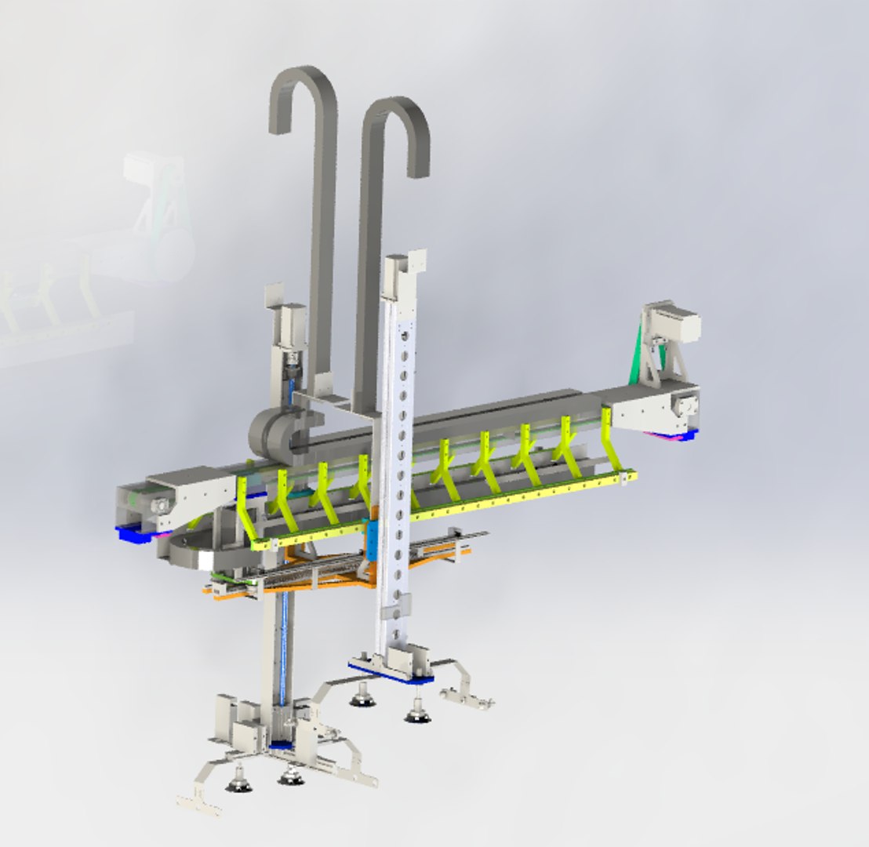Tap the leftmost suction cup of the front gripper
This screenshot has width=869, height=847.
(x=238, y=780)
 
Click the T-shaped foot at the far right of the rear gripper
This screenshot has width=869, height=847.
(x=467, y=697)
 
